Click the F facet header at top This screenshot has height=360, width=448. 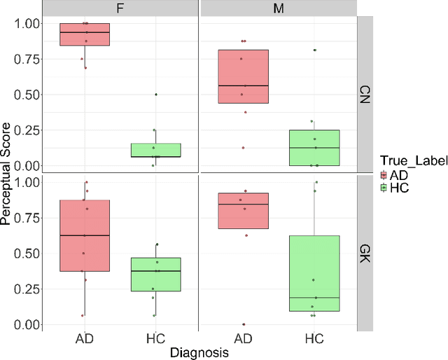(x=120, y=8)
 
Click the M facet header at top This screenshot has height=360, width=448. (x=278, y=8)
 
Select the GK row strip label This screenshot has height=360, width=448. (x=366, y=253)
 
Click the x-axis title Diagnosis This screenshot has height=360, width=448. (x=199, y=354)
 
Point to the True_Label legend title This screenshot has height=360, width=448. (x=409, y=162)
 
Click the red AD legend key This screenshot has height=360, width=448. (x=384, y=175)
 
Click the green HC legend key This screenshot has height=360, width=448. (x=384, y=188)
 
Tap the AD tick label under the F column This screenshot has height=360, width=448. (x=85, y=339)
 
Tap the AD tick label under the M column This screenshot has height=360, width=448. (x=243, y=339)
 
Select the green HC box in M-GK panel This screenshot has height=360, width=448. (x=314, y=273)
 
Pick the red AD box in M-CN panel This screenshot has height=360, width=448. (x=243, y=76)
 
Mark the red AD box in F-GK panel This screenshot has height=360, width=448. (x=85, y=235)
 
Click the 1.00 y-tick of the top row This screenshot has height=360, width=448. (x=30, y=24)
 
